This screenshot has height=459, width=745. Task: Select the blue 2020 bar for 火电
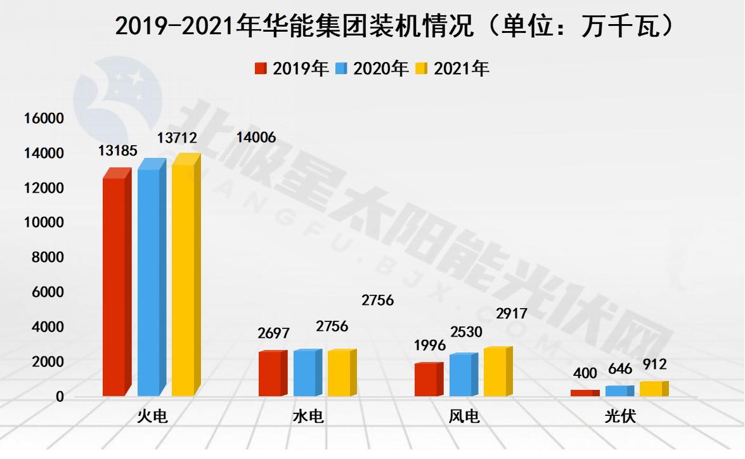149,282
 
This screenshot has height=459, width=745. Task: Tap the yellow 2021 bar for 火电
183,280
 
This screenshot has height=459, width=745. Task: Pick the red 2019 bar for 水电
270,373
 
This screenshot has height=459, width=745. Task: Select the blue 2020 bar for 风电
461,375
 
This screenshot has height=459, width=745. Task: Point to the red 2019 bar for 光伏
582,393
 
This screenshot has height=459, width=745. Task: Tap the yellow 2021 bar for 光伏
651,389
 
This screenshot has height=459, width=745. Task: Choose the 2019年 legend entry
292,68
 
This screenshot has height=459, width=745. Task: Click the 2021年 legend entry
453,68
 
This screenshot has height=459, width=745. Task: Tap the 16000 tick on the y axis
43,119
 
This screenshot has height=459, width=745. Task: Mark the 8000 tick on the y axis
47,257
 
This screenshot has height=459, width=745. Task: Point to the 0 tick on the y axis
60,397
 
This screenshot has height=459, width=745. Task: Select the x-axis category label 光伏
620,417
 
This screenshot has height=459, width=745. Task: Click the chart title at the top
393,27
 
